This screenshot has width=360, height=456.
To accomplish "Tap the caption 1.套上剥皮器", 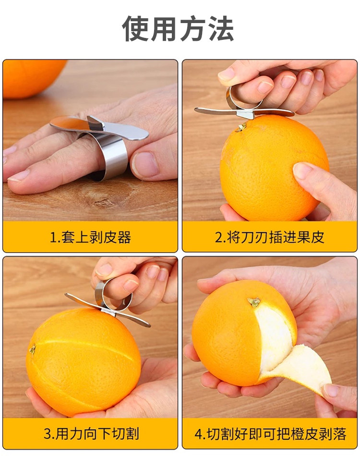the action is click(90, 237).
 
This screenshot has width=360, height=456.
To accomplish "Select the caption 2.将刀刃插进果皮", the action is click(269, 237).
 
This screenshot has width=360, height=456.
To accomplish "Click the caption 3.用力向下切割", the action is click(91, 433).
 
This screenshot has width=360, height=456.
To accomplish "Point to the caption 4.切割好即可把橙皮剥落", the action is click(270, 434).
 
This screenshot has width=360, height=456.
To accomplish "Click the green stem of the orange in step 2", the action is click(241, 127).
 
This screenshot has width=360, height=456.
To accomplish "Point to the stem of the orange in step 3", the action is click(32, 349).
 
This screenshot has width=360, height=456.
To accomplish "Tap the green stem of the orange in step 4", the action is click(254, 302).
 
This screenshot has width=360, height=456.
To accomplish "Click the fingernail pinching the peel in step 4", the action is click(331, 390).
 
